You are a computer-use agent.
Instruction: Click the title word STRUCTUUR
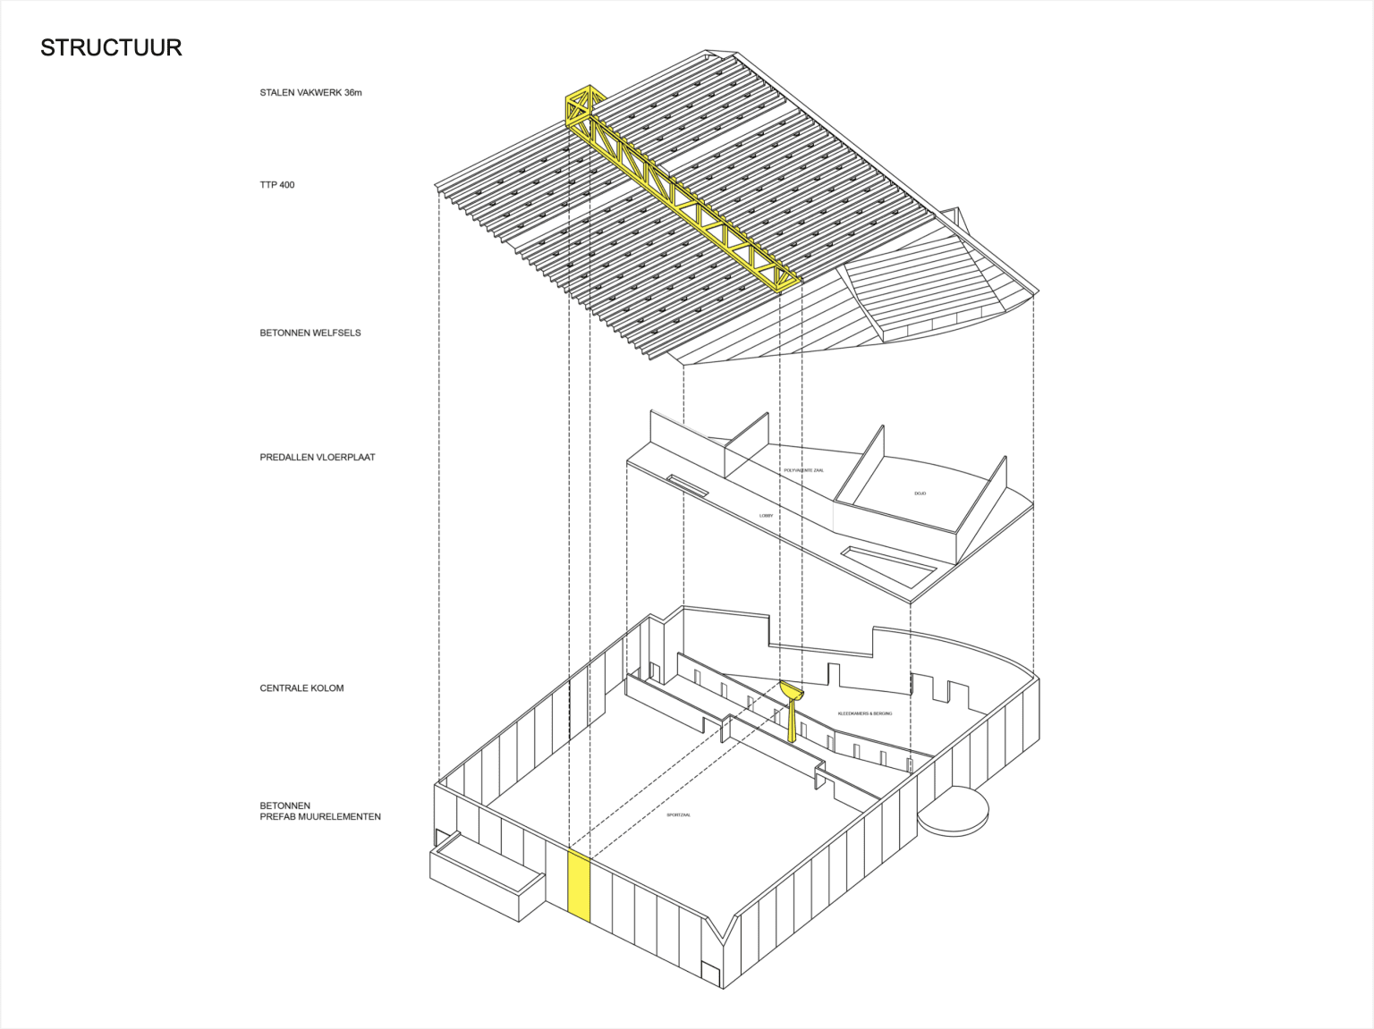111,47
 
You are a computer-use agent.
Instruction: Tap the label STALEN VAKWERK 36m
310,93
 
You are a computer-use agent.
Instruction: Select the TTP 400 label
277,185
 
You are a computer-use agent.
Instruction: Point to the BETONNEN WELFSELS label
310,333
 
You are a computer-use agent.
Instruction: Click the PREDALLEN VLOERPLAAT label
318,457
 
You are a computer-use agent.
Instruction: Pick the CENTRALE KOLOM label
301,688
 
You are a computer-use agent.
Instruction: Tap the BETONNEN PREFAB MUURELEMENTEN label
320,811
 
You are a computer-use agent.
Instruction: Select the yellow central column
793,720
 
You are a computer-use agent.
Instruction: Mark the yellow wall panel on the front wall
580,884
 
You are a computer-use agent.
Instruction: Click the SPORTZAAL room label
679,815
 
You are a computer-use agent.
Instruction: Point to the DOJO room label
920,493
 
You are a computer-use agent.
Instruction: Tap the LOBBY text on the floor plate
766,516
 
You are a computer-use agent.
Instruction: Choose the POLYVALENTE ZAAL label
803,470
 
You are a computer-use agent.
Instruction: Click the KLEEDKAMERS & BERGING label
864,713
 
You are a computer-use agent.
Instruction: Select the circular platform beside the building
954,812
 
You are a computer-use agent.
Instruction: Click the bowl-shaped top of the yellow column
792,690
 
